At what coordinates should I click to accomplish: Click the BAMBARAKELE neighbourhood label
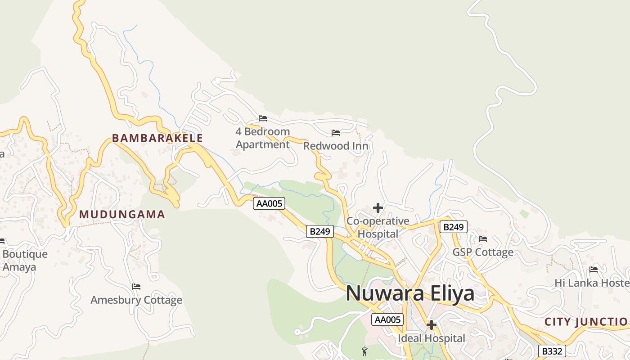pos(157,138)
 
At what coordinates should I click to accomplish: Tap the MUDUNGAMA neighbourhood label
pos(122,215)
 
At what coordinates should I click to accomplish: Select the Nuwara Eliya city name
pos(410,293)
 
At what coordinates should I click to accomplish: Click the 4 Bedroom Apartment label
pos(263,138)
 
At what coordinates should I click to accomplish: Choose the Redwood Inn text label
pos(336,146)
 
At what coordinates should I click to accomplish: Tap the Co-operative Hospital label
pos(378,227)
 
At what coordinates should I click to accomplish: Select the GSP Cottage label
pos(483,252)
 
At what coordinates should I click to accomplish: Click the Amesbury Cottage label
pos(136,300)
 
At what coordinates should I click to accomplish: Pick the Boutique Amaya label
pos(25,261)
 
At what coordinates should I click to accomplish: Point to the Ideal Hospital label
pos(431,338)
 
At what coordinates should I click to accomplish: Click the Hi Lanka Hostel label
pos(592,283)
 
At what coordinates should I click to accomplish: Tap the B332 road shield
pos(552,351)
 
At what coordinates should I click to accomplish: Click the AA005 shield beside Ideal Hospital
pos(387,319)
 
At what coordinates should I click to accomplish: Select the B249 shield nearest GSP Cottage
pos(453,227)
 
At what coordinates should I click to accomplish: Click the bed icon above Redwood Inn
pos(336,133)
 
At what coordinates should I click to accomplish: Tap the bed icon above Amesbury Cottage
pos(136,287)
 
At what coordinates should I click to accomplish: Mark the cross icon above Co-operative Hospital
pos(378,208)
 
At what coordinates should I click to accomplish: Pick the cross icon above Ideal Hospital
pos(431,324)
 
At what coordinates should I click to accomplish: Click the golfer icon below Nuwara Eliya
pos(364,351)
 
